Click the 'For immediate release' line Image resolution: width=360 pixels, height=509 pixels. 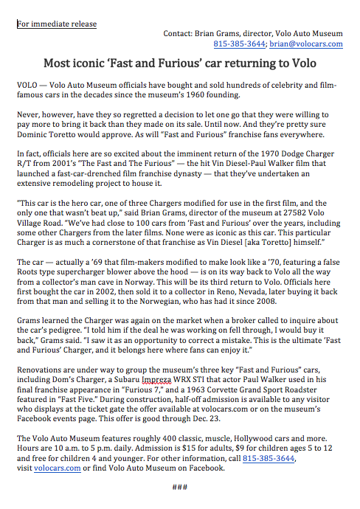[57, 24]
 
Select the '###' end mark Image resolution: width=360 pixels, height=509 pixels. [180, 486]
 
